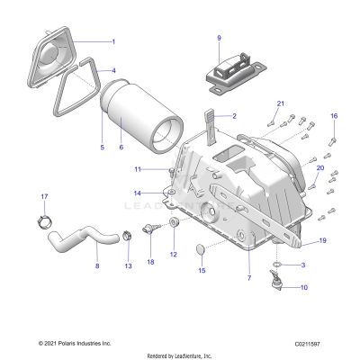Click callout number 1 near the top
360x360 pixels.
click(x=112, y=41)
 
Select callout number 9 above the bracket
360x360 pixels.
click(x=219, y=38)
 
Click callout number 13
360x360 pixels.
click(x=127, y=266)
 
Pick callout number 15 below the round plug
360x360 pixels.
click(x=202, y=269)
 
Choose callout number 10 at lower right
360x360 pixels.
click(x=302, y=287)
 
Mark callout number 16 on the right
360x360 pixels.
click(x=334, y=116)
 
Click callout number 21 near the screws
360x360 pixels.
click(x=280, y=104)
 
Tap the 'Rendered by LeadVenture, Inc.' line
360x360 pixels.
click(x=180, y=355)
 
